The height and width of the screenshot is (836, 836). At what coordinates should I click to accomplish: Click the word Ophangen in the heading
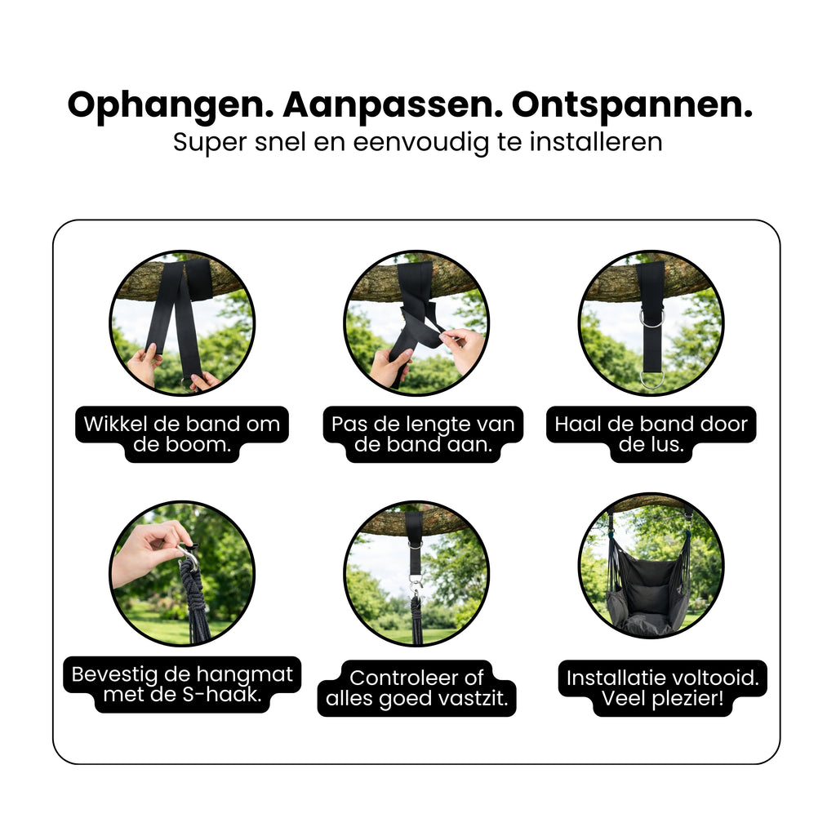pos(170,106)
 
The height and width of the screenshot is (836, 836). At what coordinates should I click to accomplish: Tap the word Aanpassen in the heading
pos(393,106)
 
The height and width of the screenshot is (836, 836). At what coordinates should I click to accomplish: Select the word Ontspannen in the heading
pos(632,106)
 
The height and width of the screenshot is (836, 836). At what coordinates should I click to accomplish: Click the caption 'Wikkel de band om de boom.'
pos(182,434)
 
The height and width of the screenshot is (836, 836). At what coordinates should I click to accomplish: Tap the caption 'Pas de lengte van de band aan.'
pos(423,434)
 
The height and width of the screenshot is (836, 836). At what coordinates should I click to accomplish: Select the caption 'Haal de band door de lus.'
pos(651,434)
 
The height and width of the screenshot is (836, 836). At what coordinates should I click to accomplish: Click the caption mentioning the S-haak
pos(182,684)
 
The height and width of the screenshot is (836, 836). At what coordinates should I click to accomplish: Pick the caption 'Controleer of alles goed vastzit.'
pos(416,687)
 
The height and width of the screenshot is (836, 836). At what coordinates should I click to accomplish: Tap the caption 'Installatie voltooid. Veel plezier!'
pos(662,687)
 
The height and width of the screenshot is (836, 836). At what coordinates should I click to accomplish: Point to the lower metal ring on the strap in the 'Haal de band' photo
pos(651,380)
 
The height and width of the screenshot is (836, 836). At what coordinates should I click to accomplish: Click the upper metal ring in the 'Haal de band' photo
pos(651,318)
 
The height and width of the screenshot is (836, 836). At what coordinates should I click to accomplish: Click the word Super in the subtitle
pos(210,143)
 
